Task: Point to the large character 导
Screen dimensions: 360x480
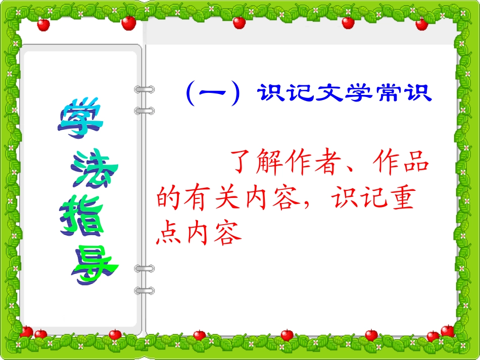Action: (94, 265)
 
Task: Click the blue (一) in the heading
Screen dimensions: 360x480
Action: (212, 94)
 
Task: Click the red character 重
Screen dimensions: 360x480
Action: (402, 198)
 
